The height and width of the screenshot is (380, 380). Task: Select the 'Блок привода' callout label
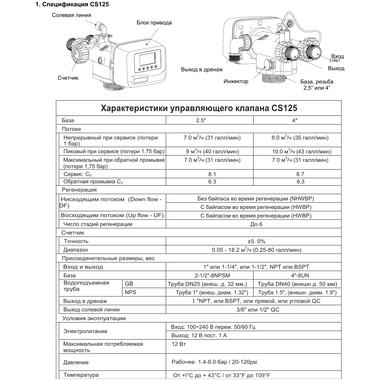[x=154, y=23]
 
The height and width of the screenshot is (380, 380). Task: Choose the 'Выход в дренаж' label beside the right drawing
[x=202, y=70]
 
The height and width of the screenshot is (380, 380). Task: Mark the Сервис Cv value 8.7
[x=300, y=174]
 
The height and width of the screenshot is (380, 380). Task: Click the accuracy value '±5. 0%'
[x=252, y=241]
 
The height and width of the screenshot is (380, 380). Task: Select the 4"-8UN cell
[x=298, y=275]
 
